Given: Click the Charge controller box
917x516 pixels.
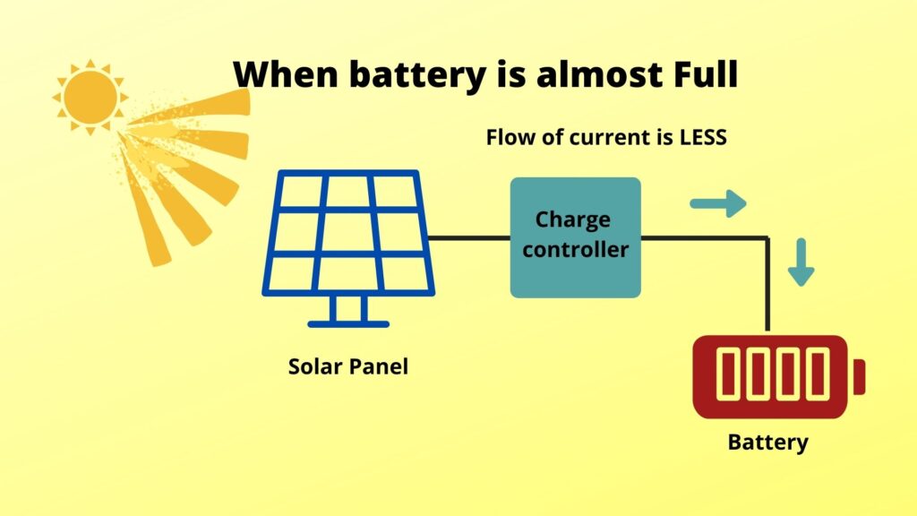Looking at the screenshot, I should point(575,237).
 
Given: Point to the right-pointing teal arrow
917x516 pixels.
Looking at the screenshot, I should point(718,203).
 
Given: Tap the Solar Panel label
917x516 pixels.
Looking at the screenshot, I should point(347,366).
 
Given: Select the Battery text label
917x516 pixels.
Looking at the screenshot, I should point(767,442).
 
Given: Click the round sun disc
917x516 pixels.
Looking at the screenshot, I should point(90,94).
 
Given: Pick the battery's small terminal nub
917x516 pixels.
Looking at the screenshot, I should point(859,376).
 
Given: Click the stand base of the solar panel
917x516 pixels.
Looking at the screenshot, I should point(347,322).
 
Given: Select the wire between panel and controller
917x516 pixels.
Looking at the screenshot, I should point(469,237).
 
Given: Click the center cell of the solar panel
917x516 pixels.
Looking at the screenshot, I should point(347,232).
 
